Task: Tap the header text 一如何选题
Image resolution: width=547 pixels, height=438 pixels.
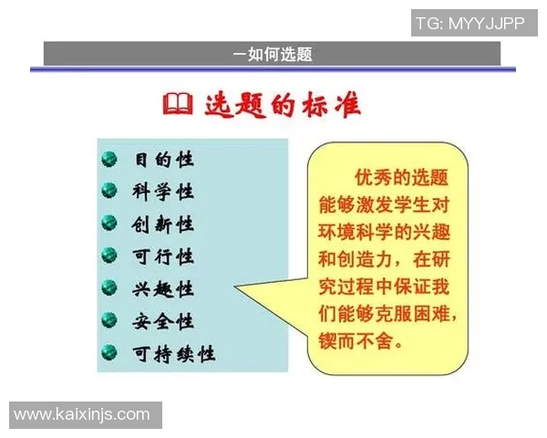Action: [273, 54]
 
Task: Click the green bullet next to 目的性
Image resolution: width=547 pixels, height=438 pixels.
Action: [110, 160]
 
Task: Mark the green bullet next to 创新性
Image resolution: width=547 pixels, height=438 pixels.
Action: [110, 224]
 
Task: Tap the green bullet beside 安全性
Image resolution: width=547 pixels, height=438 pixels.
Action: [110, 321]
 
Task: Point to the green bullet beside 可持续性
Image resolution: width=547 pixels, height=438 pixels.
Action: [110, 353]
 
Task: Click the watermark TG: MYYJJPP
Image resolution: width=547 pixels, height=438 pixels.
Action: [470, 24]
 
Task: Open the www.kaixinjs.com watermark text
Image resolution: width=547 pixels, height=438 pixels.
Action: [82, 415]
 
